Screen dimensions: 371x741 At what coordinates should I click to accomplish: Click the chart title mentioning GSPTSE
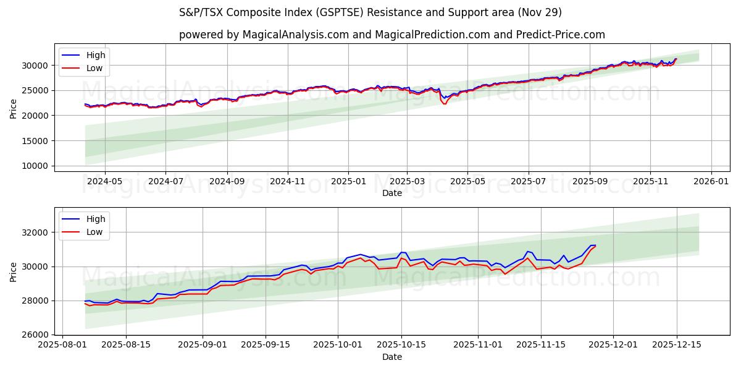coord(370,12)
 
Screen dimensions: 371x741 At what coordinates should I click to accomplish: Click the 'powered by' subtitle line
coord(391,35)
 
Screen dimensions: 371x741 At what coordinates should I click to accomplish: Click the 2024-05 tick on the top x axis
coord(104,181)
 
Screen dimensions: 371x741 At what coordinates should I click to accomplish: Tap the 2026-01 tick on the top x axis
coord(711,181)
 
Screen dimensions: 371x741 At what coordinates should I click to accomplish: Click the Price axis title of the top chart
coord(14,108)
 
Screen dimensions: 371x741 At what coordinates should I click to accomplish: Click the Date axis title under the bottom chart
coord(391,357)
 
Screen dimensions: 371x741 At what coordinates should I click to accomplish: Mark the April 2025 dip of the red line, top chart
coord(444,103)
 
